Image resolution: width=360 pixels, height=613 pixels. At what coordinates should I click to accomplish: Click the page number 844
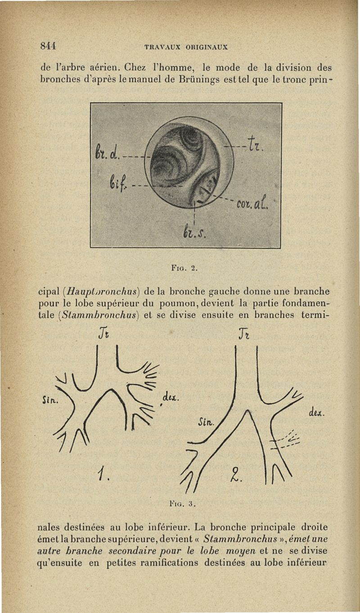click(x=47, y=45)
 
